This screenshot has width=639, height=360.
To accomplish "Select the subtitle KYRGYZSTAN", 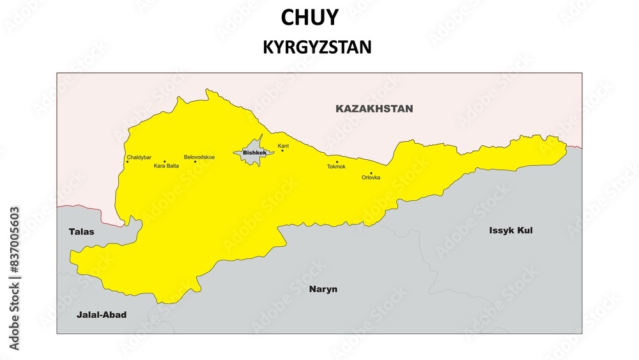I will (x=317, y=47).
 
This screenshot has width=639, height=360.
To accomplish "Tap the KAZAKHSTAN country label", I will (x=374, y=109).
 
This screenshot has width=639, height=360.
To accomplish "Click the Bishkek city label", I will (x=254, y=153).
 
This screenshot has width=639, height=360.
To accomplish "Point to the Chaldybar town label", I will (x=139, y=157).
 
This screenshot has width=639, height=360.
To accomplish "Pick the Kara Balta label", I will (x=166, y=166).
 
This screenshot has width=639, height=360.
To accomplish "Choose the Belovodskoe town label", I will (x=199, y=157).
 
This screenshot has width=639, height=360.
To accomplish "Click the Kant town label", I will (x=283, y=146).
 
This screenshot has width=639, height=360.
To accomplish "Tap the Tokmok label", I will (x=336, y=167).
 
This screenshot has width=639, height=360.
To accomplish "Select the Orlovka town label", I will (x=371, y=178).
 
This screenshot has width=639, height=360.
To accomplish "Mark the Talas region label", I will (x=81, y=231).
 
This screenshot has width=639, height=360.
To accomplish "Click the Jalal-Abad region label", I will (x=102, y=315).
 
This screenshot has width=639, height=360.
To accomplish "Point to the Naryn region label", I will (x=323, y=289).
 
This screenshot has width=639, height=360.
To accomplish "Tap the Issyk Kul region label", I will (x=511, y=230).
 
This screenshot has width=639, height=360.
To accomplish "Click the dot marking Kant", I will (x=282, y=151).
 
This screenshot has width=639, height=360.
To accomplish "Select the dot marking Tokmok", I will (x=337, y=162).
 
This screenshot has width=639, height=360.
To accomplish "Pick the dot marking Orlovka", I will (x=371, y=173).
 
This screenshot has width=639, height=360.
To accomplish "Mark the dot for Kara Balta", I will (x=164, y=161).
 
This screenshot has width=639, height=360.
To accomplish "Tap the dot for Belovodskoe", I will (x=196, y=161).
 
